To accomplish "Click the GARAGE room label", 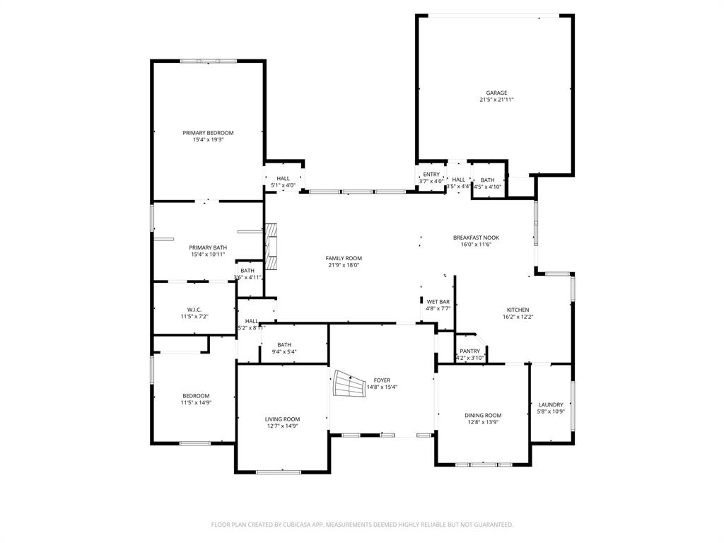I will pyautogui.click(x=496, y=93).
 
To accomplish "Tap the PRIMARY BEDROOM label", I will pyautogui.click(x=208, y=133).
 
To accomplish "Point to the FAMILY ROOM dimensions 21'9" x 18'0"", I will pyautogui.click(x=344, y=266).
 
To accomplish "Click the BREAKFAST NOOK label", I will pyautogui.click(x=476, y=238).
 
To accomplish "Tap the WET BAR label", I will pyautogui.click(x=438, y=302).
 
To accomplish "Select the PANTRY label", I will pyautogui.click(x=469, y=351).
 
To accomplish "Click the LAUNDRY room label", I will pyautogui.click(x=550, y=404).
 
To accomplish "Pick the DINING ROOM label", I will pyautogui.click(x=483, y=415).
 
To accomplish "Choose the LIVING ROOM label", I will pyautogui.click(x=282, y=419).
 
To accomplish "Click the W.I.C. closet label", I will pyautogui.click(x=195, y=309).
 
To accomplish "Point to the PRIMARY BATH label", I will pyautogui.click(x=208, y=247).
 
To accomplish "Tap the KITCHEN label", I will pyautogui.click(x=518, y=310).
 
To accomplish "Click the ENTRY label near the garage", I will pyautogui.click(x=431, y=174).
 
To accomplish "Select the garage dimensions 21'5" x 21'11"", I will pyautogui.click(x=496, y=100).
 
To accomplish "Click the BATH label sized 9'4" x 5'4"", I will pyautogui.click(x=284, y=344).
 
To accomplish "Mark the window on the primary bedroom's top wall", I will pyautogui.click(x=208, y=62).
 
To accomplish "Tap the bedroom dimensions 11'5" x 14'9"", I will pyautogui.click(x=196, y=403).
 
